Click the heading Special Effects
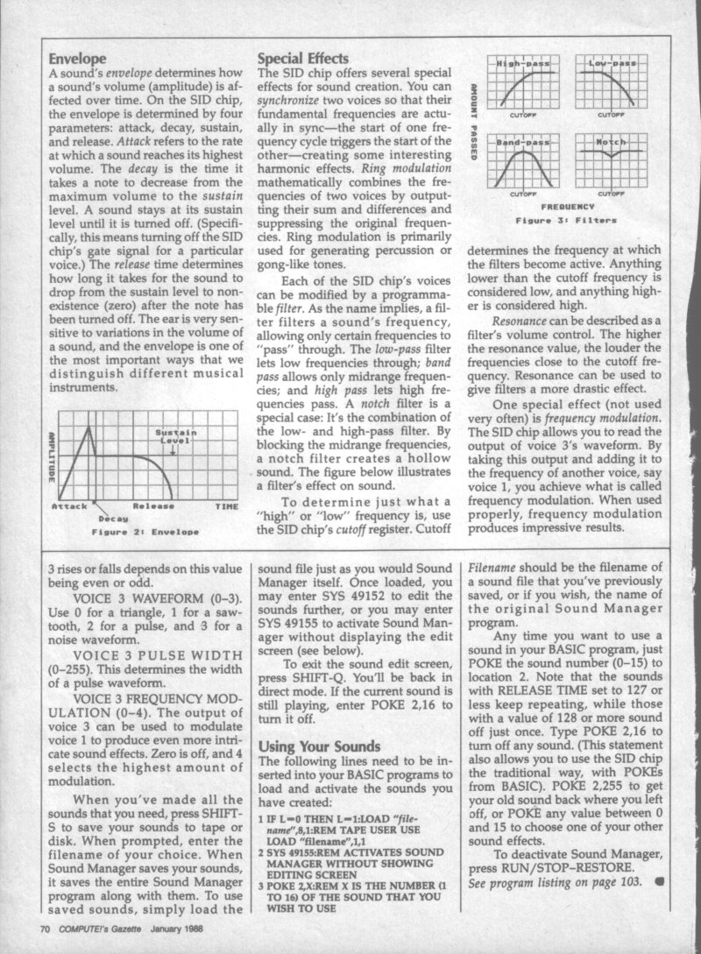[302, 59]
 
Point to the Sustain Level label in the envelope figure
[176, 436]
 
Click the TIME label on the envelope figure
[226, 506]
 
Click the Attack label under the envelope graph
[69, 506]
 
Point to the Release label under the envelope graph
[152, 506]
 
